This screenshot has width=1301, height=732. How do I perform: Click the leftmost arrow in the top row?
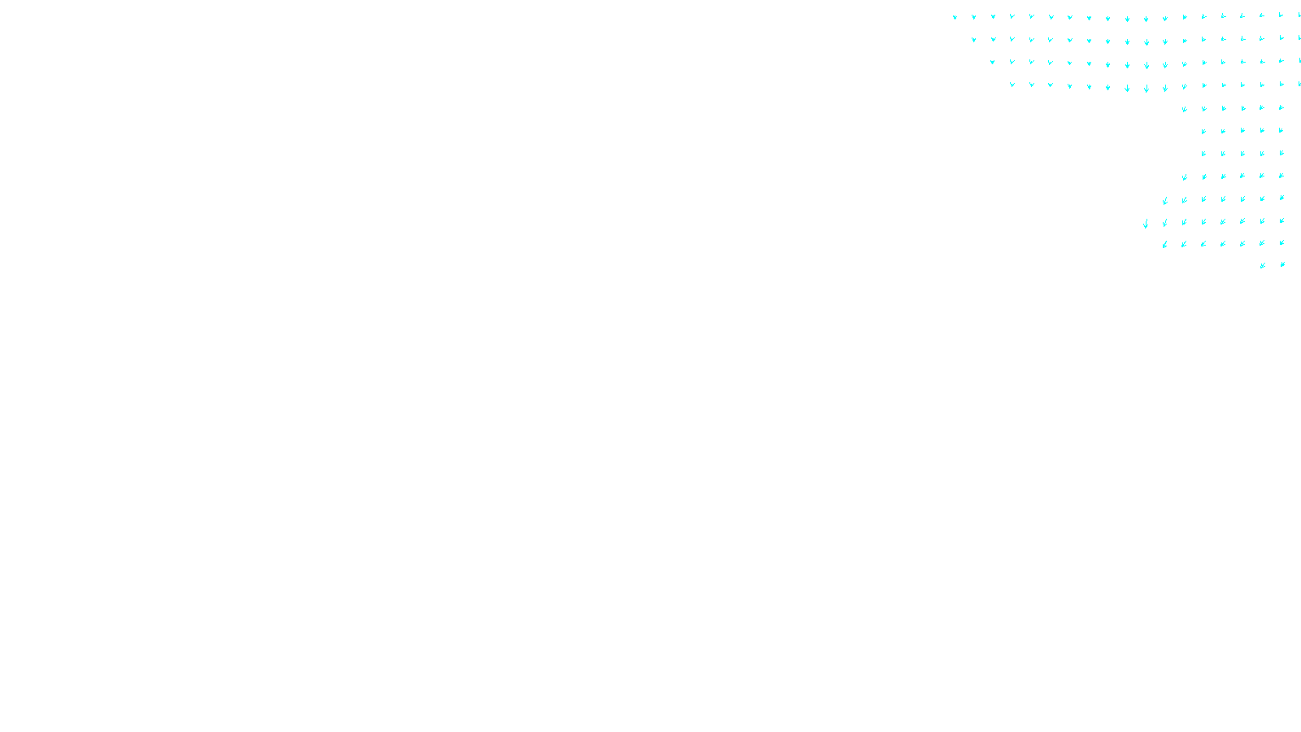coord(955,16)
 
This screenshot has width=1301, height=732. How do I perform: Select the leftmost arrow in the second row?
coord(973,39)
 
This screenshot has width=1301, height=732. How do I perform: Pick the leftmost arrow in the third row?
coord(993,62)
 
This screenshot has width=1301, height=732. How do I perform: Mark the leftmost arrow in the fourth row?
coord(1012,85)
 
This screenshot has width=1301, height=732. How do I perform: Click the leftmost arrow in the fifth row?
coord(1184,108)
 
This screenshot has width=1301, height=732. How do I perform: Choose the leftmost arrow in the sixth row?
coord(1203,131)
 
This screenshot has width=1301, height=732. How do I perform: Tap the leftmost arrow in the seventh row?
coord(1203,153)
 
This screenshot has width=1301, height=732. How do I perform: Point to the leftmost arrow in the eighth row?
coord(1184,176)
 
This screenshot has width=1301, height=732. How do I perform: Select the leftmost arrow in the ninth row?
coord(1164,200)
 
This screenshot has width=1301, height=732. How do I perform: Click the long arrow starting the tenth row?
coord(1146,223)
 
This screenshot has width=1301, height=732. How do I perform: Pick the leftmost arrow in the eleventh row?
coord(1164,244)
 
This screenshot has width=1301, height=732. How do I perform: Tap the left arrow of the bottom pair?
coord(1262,265)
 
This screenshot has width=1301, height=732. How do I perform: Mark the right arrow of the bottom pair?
coord(1282,264)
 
